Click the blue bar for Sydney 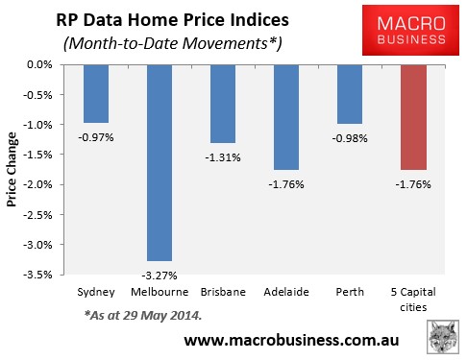coord(96,93)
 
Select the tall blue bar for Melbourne coord(159,163)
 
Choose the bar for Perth coord(351,94)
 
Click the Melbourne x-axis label coord(159,288)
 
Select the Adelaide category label coord(287,288)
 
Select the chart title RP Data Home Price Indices coord(159,18)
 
